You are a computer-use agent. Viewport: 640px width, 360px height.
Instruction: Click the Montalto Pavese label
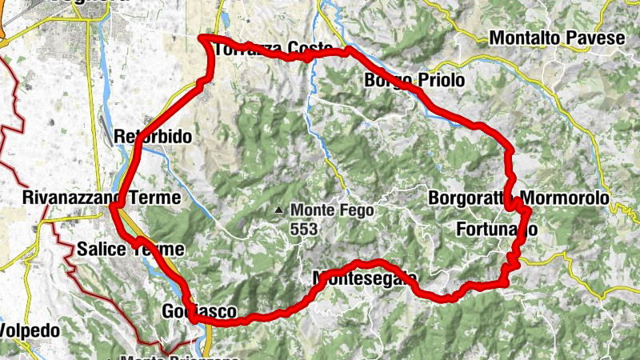pyautogui.click(x=556, y=38)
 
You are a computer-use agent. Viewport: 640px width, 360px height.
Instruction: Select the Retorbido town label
pyautogui.click(x=153, y=137)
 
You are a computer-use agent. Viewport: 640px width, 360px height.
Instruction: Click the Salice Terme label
pyautogui.click(x=130, y=250)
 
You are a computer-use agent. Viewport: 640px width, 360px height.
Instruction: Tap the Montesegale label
pyautogui.click(x=364, y=278)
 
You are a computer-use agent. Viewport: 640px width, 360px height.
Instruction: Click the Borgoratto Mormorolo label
pyautogui.click(x=518, y=197)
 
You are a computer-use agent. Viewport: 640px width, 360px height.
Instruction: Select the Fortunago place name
pyautogui.click(x=495, y=230)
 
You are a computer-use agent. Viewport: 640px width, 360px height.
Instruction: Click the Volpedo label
pyautogui.click(x=21, y=329)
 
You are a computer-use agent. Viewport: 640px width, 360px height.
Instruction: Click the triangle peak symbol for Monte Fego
pyautogui.click(x=279, y=210)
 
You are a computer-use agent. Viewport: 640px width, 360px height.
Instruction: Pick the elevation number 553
pyautogui.click(x=304, y=229)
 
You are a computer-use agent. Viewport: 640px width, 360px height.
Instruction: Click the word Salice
pyautogui.click(x=102, y=250)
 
